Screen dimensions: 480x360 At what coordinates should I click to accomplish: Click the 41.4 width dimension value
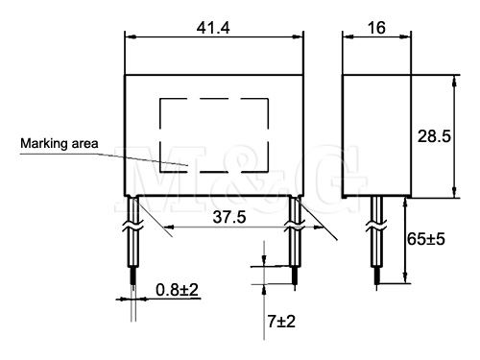tap(213, 28)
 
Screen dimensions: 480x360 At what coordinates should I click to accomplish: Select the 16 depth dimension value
tap(376, 28)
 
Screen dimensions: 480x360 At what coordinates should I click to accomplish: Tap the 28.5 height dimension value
tap(434, 136)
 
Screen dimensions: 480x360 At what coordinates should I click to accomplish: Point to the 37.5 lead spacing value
tap(229, 217)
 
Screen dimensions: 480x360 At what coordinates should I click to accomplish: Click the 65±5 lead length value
tap(426, 239)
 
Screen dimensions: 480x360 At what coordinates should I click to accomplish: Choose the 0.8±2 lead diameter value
tap(177, 290)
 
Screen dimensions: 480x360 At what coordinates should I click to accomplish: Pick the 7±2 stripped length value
tap(281, 322)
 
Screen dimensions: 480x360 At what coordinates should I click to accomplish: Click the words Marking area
tap(60, 143)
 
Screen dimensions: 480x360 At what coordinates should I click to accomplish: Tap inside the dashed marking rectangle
tap(214, 135)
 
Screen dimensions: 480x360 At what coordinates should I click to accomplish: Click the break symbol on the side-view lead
tap(376, 226)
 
